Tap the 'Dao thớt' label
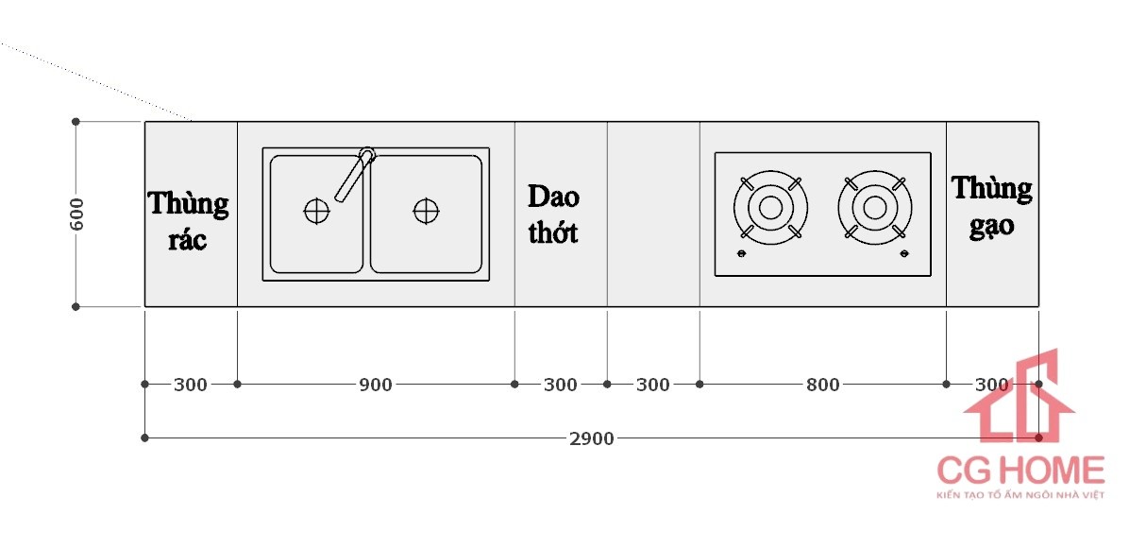point(553,214)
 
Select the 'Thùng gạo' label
point(991,205)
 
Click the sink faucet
point(354,174)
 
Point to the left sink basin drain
point(316,211)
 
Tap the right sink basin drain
point(426,211)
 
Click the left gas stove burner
point(770,207)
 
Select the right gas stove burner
point(874,207)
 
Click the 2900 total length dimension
point(592,438)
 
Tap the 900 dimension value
point(376,385)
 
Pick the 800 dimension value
point(822,385)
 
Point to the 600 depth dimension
point(77,214)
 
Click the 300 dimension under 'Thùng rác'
point(191,385)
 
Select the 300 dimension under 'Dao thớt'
point(561,385)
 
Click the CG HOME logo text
point(1020,470)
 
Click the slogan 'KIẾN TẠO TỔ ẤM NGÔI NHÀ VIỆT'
point(1020,495)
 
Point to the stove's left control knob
point(740,254)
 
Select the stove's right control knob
point(904,254)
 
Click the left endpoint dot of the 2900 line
point(144,438)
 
